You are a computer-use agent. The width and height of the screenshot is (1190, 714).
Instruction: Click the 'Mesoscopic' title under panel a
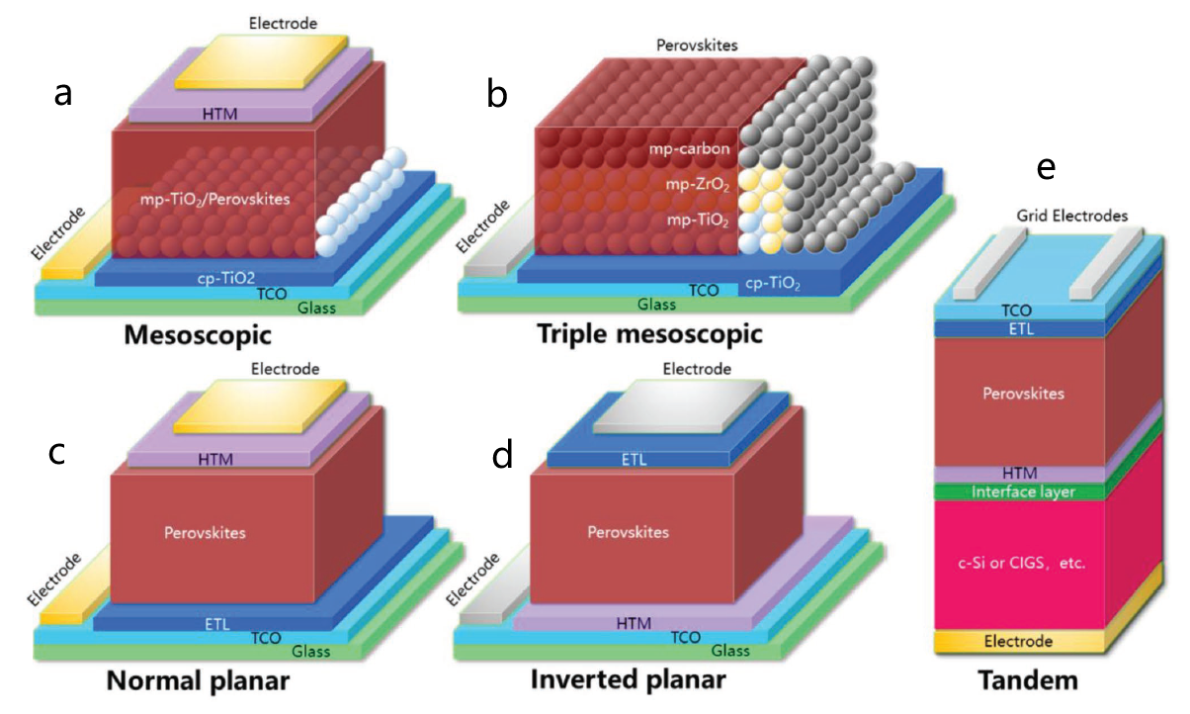(x=198, y=335)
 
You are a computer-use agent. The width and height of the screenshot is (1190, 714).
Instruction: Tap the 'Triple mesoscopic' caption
(x=649, y=333)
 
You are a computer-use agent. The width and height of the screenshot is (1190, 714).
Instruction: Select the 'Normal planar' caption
(x=200, y=681)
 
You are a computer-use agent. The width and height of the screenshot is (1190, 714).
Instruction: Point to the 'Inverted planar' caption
(x=629, y=680)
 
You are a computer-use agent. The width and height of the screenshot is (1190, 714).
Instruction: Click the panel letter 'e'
(x=1046, y=169)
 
